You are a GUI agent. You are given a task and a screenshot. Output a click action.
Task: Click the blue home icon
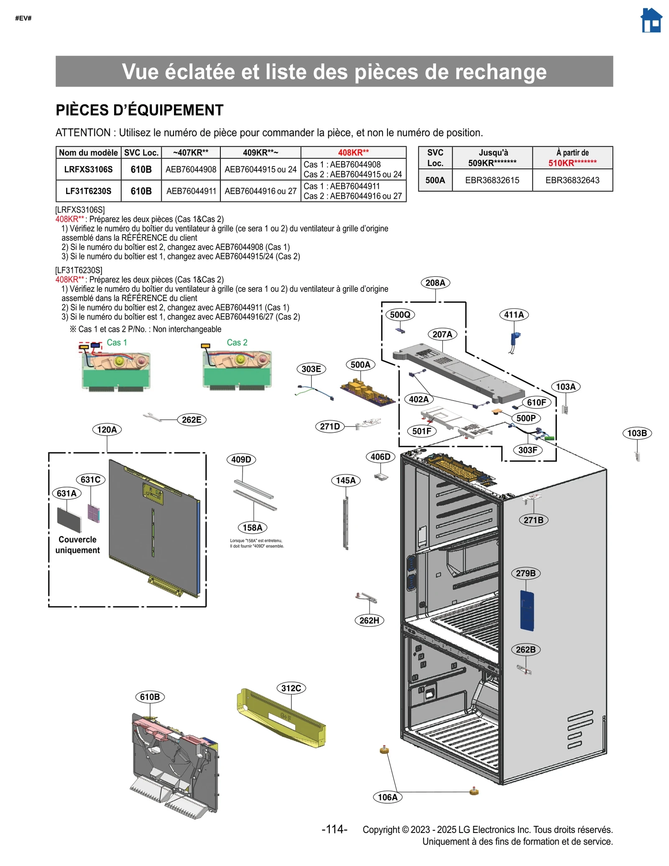pos(651,20)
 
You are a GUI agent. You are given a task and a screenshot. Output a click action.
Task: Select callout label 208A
pos(435,283)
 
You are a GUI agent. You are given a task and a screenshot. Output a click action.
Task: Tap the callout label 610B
pos(150,697)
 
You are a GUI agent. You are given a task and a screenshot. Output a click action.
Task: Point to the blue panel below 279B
pos(527,610)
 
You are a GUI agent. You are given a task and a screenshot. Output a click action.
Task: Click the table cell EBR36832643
pos(572,180)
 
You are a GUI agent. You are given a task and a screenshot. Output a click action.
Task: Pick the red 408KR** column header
pos(353,153)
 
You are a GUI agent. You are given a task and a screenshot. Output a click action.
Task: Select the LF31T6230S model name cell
pos(88,191)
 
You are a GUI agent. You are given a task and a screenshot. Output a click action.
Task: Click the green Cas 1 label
pos(117,342)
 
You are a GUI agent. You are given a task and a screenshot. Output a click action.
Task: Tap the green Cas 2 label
pos(237,342)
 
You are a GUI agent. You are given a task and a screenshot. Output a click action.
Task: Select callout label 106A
pos(388,797)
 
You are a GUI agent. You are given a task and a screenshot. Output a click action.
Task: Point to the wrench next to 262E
pos(152,417)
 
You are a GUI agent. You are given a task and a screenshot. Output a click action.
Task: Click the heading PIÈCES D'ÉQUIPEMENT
pos(140,110)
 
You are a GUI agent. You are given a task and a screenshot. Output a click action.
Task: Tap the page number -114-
pos(334,829)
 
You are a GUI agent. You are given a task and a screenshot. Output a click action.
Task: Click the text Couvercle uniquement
pos(77,545)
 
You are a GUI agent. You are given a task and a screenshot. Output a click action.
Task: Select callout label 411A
pos(513,315)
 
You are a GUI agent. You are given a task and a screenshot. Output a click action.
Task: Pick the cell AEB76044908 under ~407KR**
pos(191,169)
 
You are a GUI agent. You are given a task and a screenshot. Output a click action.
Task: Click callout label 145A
pos(346,480)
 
